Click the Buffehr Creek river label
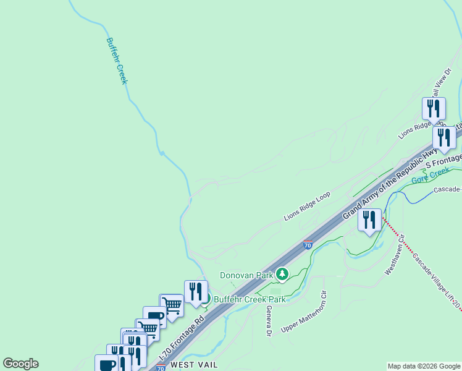pyautogui.click(x=117, y=61)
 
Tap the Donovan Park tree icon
pyautogui.click(x=282, y=273)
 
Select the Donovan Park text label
pyautogui.click(x=247, y=275)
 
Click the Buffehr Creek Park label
pyautogui.click(x=250, y=299)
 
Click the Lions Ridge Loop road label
pyautogui.click(x=307, y=207)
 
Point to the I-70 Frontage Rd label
pyautogui.click(x=183, y=339)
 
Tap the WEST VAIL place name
pyautogui.click(x=194, y=365)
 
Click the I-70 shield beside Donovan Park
pyautogui.click(x=308, y=245)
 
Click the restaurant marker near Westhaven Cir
pyautogui.click(x=369, y=221)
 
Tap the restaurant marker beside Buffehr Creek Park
pyautogui.click(x=196, y=292)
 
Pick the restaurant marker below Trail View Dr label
pyautogui.click(x=434, y=109)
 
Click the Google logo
pyautogui.click(x=20, y=364)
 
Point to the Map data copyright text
pyautogui.click(x=424, y=366)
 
